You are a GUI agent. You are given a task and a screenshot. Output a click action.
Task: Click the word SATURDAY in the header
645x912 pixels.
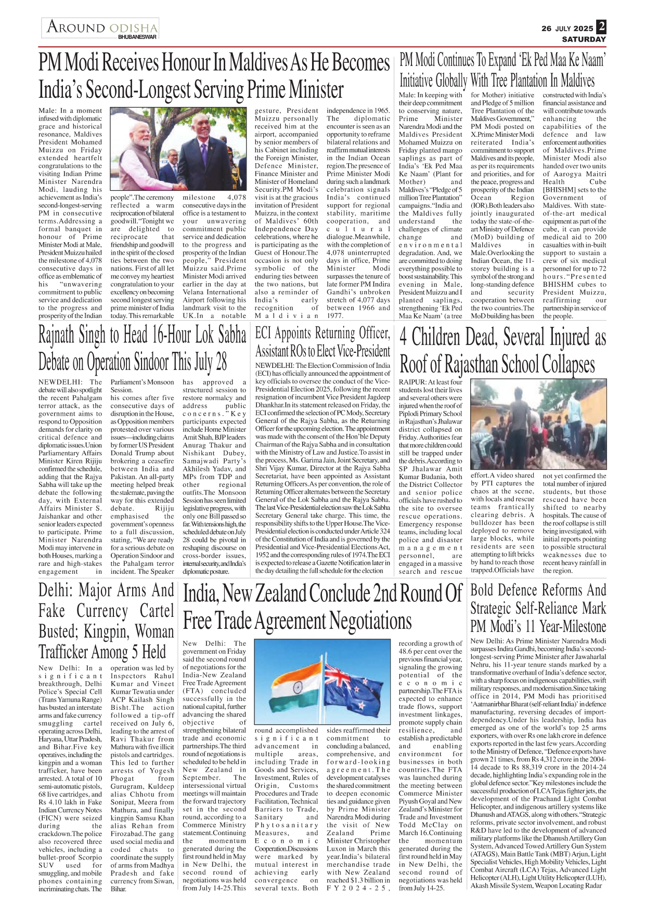click(x=584, y=39)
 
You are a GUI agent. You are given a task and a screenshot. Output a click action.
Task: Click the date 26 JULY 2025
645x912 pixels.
click(x=567, y=29)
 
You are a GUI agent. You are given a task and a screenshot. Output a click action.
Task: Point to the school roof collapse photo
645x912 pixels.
click(x=538, y=425)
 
